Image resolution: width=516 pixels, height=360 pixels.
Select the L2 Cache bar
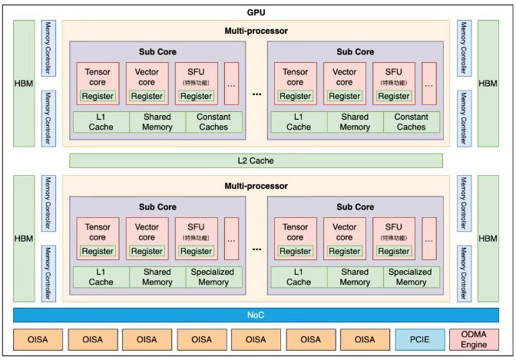point(256,160)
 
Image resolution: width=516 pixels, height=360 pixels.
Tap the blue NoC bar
point(256,315)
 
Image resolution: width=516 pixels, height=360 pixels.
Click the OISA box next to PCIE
point(365,339)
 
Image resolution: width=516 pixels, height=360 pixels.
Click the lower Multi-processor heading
point(257,186)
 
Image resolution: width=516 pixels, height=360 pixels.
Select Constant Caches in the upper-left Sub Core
point(214,121)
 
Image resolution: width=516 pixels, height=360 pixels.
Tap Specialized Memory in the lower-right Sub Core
point(412,277)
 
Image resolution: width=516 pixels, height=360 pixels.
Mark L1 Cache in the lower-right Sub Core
point(299,277)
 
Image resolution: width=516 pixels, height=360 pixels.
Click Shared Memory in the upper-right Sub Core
point(355,121)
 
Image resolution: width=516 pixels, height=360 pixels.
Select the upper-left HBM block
point(23,83)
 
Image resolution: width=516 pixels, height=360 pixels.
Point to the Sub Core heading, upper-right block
point(356,52)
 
